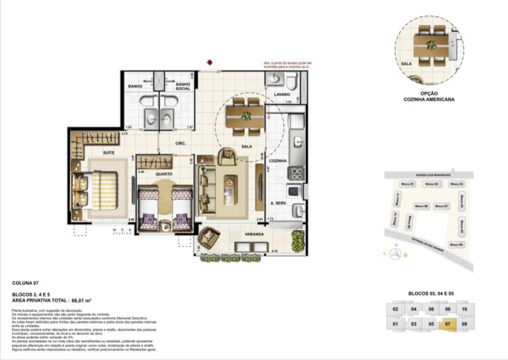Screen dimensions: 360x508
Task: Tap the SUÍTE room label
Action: click(108, 152)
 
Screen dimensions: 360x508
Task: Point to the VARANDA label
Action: click(253, 234)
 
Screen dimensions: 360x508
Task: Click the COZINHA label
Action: click(278, 161)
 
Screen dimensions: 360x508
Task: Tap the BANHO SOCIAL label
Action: click(183, 87)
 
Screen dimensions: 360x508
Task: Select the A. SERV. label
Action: click(277, 204)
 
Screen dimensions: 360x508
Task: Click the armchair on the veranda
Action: click(208, 238)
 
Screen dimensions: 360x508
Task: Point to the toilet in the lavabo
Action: click(277, 81)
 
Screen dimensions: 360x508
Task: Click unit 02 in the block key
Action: click(395, 309)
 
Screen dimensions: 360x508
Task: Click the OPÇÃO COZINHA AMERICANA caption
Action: click(428, 97)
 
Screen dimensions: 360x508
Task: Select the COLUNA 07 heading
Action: click(26, 283)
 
